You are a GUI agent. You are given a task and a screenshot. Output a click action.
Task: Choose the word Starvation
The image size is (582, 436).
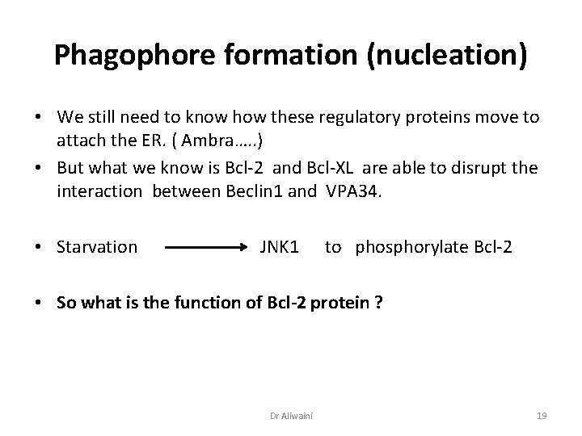(97, 246)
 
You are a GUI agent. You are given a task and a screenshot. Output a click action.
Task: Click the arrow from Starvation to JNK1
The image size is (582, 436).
(206, 247)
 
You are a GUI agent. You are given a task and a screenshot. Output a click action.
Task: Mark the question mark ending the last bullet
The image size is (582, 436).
(379, 303)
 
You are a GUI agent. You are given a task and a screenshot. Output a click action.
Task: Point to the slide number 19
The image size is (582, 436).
(542, 416)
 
